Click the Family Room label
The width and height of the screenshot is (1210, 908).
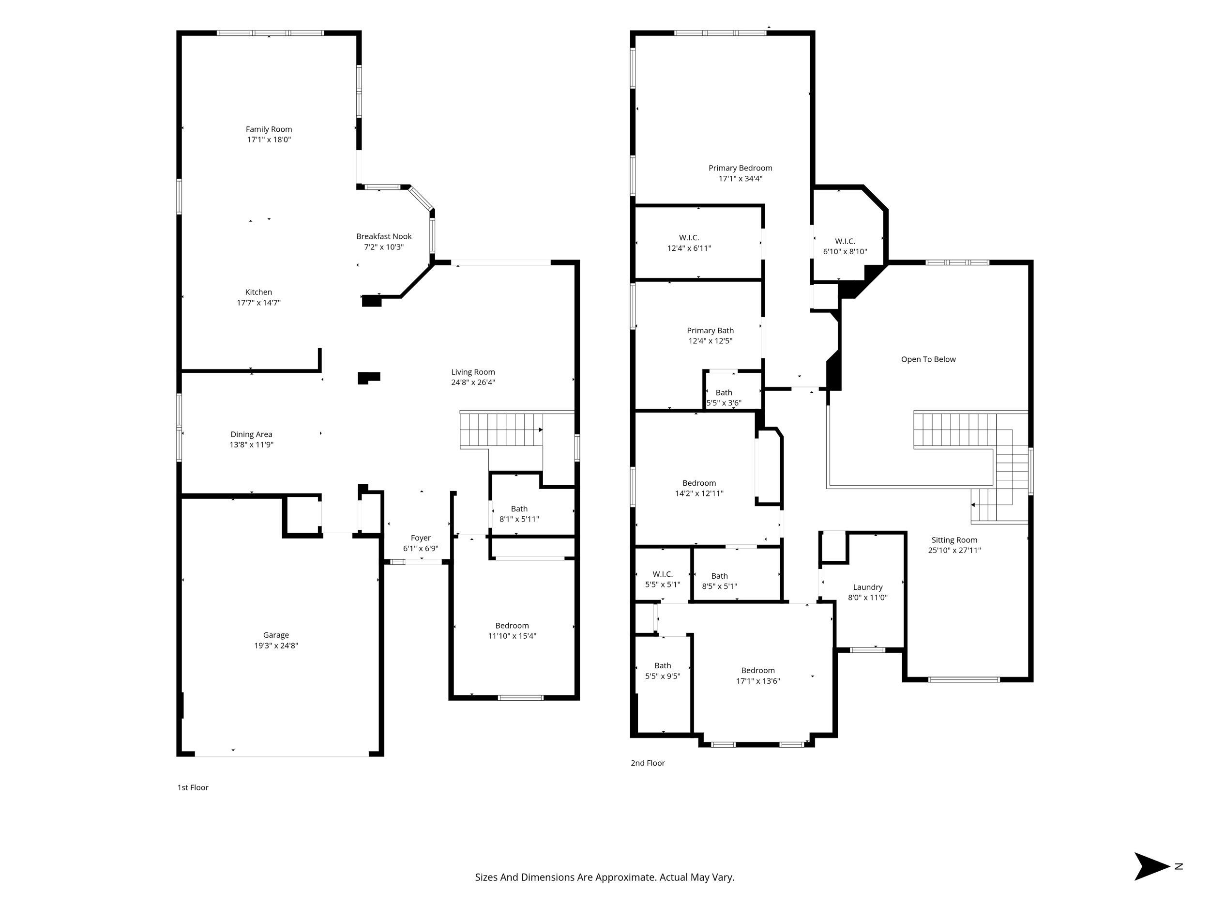click(x=269, y=129)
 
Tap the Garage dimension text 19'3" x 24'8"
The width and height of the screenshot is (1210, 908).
click(x=276, y=646)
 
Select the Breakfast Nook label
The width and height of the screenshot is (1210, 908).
click(x=383, y=236)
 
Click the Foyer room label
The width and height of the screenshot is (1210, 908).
click(x=421, y=538)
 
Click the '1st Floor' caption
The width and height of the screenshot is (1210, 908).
click(x=193, y=787)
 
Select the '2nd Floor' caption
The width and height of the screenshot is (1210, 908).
click(x=648, y=762)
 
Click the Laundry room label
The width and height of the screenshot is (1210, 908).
click(x=867, y=587)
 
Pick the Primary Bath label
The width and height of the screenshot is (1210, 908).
click(x=710, y=331)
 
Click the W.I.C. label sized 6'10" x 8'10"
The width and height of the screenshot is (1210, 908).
click(x=845, y=241)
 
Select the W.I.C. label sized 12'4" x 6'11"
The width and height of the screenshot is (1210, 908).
click(x=689, y=238)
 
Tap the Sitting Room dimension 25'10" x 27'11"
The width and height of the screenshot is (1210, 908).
click(x=954, y=550)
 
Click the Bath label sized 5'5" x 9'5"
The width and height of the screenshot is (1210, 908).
click(x=663, y=665)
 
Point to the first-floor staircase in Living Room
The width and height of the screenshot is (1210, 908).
click(x=500, y=430)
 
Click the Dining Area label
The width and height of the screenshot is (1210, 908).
click(x=251, y=434)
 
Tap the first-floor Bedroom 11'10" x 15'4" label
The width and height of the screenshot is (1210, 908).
click(x=512, y=626)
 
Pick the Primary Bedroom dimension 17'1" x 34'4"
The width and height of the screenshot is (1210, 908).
click(x=740, y=178)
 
